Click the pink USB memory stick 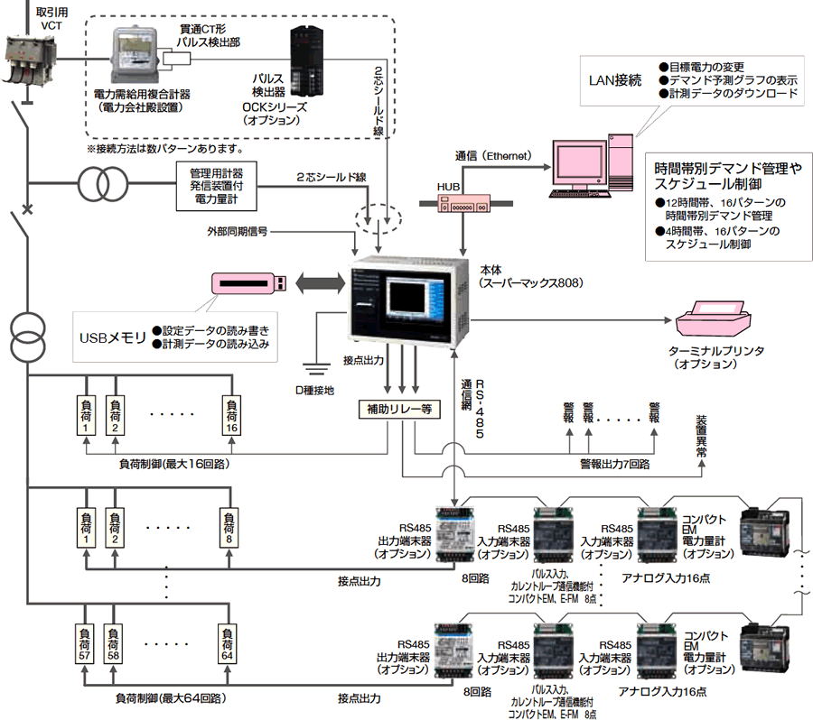pos(249,282)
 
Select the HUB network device pos(462,206)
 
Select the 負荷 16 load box pos(232,415)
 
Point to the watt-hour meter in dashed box pos(135,55)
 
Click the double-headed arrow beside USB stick pos(318,282)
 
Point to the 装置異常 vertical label pos(702,441)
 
